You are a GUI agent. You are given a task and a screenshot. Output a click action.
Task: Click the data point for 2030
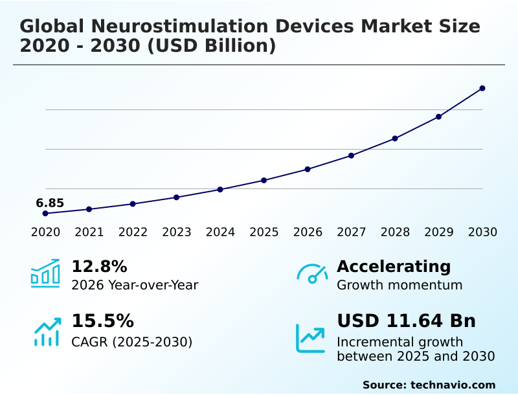click(x=482, y=88)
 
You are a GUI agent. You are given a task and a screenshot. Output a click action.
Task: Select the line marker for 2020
click(x=45, y=213)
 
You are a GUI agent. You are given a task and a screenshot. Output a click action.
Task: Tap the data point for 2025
click(x=264, y=180)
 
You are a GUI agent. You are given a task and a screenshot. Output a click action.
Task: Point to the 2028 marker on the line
click(x=395, y=139)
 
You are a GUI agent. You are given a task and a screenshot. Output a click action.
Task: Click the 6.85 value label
click(x=50, y=203)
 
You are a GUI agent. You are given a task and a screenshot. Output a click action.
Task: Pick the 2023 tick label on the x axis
click(x=177, y=232)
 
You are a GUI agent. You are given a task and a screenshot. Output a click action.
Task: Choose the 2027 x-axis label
click(x=352, y=232)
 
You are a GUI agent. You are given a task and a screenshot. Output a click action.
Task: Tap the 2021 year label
click(x=89, y=232)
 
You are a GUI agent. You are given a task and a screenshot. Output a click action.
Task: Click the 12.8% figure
click(x=99, y=266)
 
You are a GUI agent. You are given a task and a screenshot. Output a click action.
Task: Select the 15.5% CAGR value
click(x=102, y=321)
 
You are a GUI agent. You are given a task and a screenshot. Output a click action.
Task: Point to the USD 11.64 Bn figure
click(x=406, y=321)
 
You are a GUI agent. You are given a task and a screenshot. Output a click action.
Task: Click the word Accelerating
click(x=394, y=266)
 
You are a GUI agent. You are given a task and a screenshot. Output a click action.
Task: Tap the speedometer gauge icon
click(x=312, y=274)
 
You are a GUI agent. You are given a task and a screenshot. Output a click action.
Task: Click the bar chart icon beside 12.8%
click(x=45, y=273)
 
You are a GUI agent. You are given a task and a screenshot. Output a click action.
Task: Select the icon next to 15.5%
click(x=47, y=331)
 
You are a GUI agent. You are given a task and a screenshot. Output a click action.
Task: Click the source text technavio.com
click(x=453, y=385)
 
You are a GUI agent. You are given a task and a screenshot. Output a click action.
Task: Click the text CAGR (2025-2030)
click(x=131, y=342)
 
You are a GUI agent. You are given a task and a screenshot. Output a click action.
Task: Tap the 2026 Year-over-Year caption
click(x=135, y=285)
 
